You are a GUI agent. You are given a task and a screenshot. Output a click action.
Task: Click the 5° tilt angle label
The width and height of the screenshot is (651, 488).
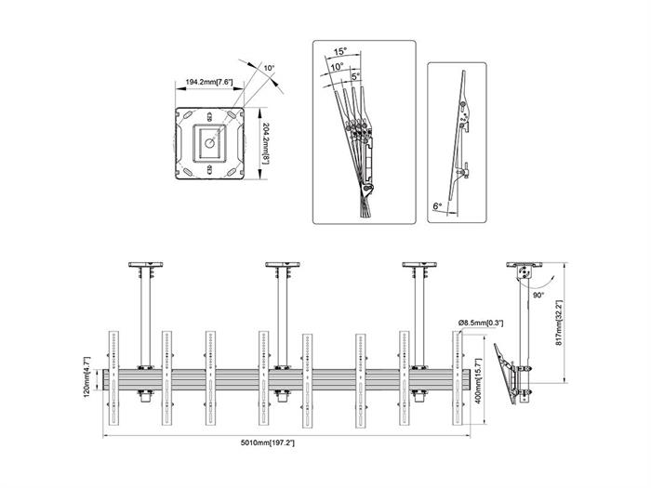click(x=356, y=77)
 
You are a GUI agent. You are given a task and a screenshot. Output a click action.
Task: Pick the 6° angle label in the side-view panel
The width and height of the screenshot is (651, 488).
click(x=437, y=206)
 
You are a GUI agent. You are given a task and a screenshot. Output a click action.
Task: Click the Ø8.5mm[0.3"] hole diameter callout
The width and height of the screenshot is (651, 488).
click(x=480, y=323)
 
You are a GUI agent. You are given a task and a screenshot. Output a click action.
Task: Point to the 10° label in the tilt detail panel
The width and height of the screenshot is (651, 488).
click(x=336, y=67)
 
